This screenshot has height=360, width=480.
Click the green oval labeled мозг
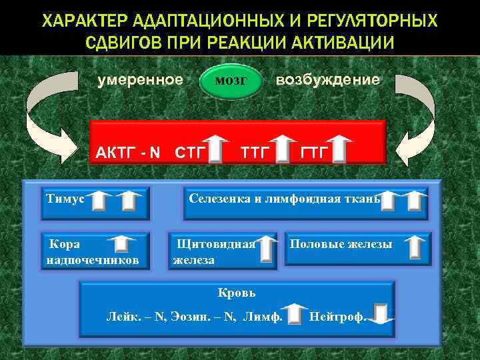[x=231, y=81]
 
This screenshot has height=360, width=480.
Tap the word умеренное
[x=140, y=80]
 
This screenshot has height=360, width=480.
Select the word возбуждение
[x=328, y=80]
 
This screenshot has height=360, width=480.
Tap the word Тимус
[x=65, y=198]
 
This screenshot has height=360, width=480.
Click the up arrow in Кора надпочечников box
[x=121, y=245]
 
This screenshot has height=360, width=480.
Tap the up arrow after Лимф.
[x=293, y=315]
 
